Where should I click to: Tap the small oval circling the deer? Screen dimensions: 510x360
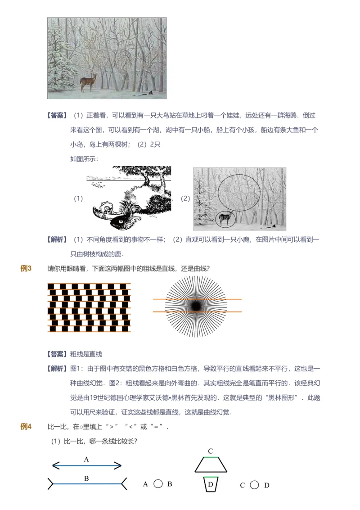(x=224, y=219)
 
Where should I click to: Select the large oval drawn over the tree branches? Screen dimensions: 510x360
(x=239, y=192)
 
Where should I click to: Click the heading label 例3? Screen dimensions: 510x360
(x=26, y=269)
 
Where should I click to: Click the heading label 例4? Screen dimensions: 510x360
(x=26, y=427)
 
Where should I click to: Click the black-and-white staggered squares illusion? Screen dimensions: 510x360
(x=89, y=307)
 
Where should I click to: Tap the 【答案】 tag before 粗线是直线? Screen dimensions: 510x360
(x=57, y=354)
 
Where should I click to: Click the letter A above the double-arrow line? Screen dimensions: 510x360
(x=86, y=460)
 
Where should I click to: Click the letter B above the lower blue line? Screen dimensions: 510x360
(x=86, y=478)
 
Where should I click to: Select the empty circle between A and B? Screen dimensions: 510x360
(x=158, y=484)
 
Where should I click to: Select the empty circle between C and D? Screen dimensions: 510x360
(x=254, y=485)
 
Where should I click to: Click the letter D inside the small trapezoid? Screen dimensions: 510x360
(x=211, y=484)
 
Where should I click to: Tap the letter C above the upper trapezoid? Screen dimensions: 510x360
(x=210, y=451)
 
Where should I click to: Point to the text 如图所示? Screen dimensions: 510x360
(x=84, y=158)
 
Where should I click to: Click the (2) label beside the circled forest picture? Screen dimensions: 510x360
(x=185, y=199)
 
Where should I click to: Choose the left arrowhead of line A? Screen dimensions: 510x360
(x=55, y=466)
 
